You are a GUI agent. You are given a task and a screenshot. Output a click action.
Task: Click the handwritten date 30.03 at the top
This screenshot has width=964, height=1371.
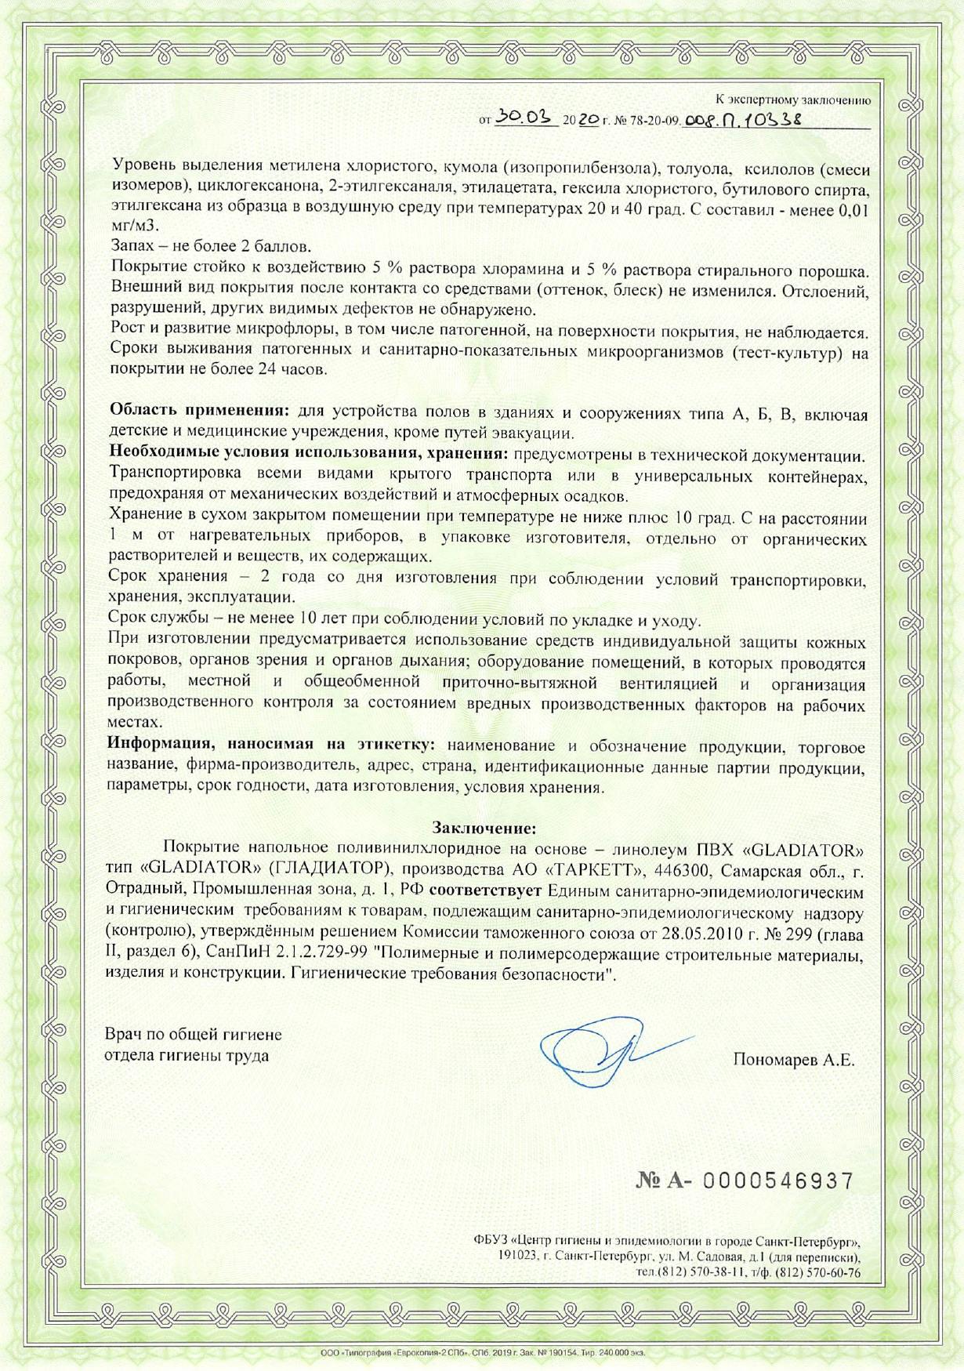pos(524,118)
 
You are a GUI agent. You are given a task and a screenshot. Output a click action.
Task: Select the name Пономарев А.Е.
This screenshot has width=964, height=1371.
pos(794,1061)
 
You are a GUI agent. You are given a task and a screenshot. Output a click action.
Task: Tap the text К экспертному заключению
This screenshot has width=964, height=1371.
pos(792,100)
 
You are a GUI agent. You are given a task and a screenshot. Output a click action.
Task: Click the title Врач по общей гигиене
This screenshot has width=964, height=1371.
pos(194,1036)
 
